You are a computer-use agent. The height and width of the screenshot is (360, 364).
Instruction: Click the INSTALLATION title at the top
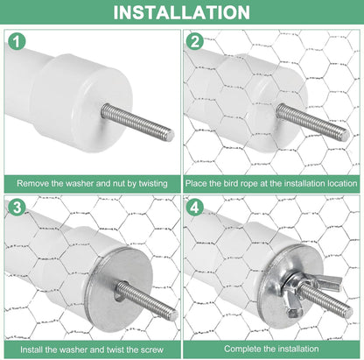click(181, 12)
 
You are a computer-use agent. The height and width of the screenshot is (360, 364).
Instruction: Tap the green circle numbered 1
click(17, 41)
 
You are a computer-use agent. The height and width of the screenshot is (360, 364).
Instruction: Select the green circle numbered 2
click(195, 41)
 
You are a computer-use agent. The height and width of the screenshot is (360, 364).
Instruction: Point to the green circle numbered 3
click(17, 207)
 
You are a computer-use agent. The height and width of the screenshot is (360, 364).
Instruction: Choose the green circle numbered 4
click(195, 207)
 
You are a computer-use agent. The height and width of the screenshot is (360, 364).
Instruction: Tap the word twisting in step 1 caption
click(153, 184)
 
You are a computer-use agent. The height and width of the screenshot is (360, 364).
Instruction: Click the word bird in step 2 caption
click(230, 183)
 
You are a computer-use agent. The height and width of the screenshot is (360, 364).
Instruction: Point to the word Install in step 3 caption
click(31, 349)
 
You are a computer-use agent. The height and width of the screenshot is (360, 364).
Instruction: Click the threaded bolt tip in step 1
click(170, 135)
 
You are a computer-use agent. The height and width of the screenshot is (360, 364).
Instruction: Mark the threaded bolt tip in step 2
click(345, 135)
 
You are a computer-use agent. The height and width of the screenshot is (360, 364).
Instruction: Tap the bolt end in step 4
click(348, 313)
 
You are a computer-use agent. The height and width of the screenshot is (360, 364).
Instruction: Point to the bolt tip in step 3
click(173, 314)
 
